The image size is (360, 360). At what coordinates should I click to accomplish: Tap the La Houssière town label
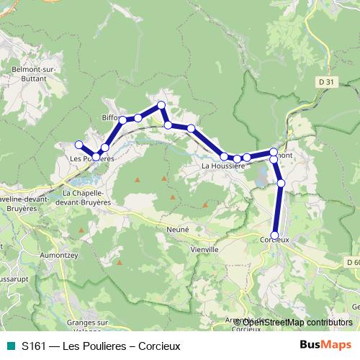(x=223, y=166)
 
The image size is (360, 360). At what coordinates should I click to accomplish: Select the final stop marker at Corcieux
(x=274, y=235)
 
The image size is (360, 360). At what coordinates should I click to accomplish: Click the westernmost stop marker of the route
(x=79, y=144)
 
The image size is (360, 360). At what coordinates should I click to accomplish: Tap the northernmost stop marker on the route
(x=161, y=105)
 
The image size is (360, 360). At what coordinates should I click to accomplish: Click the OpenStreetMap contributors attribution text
(x=297, y=322)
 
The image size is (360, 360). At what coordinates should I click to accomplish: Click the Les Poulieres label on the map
(x=91, y=158)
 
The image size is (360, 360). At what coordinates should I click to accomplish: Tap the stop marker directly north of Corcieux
(x=281, y=184)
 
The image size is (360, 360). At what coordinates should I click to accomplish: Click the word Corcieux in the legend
(x=159, y=346)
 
